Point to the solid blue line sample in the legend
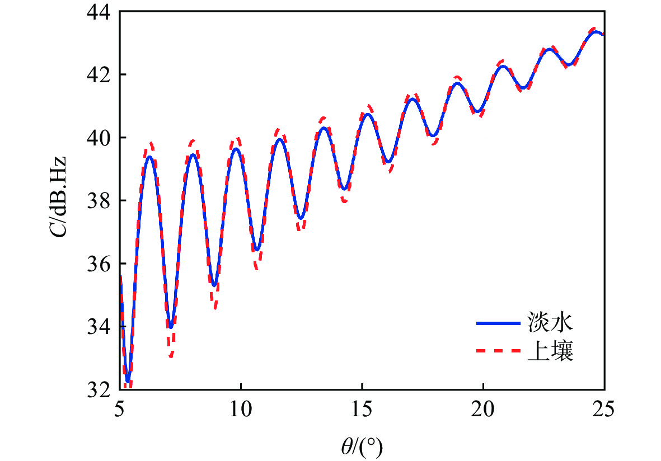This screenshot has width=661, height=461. (498, 323)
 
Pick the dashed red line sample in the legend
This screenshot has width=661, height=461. (498, 352)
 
